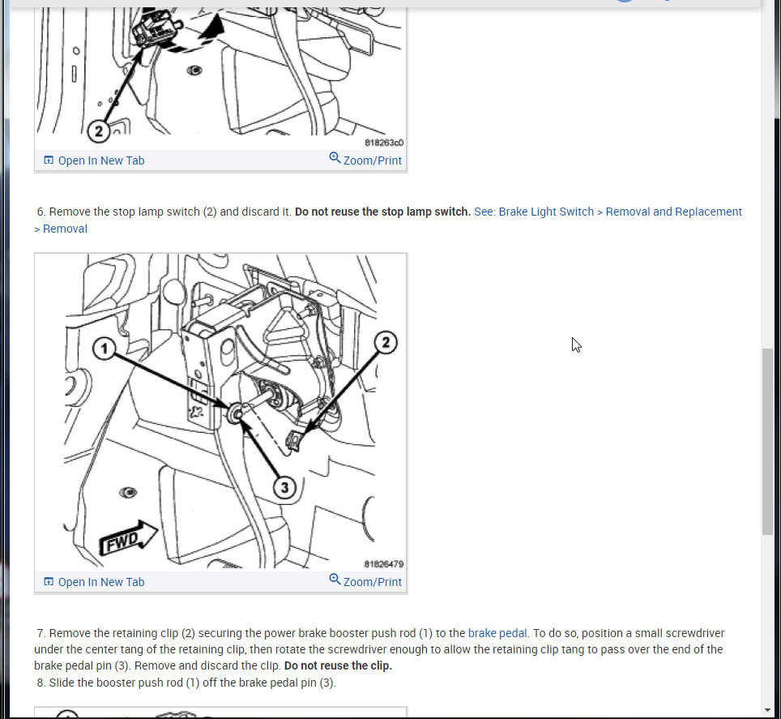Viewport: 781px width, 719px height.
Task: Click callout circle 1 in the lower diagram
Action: point(104,349)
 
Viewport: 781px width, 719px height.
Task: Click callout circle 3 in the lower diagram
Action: point(284,487)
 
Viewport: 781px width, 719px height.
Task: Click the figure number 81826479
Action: point(383,564)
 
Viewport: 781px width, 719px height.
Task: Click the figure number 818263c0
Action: point(384,143)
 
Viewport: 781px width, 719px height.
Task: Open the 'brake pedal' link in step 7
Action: point(497,633)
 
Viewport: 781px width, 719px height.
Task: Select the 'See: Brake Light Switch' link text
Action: point(533,212)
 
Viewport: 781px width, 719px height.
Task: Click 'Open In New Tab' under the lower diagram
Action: point(101,582)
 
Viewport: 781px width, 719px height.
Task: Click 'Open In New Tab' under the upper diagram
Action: point(101,160)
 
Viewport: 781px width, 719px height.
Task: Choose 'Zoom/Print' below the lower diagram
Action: point(372,582)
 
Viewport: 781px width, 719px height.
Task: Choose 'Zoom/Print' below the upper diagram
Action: point(372,160)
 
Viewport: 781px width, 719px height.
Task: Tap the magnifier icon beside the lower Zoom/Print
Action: point(335,580)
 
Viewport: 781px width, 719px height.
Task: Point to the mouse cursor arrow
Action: point(576,345)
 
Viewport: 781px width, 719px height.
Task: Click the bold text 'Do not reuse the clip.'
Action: point(338,666)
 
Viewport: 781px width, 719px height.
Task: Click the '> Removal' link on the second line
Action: point(61,229)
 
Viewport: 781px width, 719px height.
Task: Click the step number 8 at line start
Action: point(41,683)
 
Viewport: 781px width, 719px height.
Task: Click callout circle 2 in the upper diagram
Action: point(98,131)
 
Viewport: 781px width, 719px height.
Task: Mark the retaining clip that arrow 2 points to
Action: point(293,440)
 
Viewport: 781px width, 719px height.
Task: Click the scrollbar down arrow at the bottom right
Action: point(770,710)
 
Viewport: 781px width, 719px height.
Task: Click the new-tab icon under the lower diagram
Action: point(49,581)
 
